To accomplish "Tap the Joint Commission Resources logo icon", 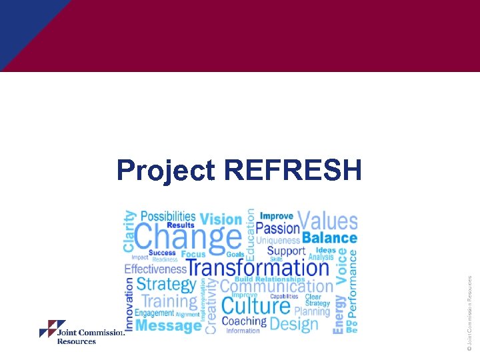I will tap(53, 329).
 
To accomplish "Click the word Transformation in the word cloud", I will tap(258, 268).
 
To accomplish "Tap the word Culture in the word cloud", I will tap(255, 307).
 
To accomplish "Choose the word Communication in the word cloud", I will tap(276, 287).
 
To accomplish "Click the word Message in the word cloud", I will tap(168, 326).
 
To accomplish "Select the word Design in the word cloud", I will tap(294, 324).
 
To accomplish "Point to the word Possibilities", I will tap(168, 217).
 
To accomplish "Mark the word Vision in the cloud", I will tap(221, 219).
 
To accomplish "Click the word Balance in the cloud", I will tap(329, 238).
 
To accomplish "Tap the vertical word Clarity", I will tap(129, 231).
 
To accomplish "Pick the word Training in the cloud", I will tap(170, 301).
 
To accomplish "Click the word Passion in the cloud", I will tap(278, 228).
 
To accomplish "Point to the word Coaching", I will tap(243, 321).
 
